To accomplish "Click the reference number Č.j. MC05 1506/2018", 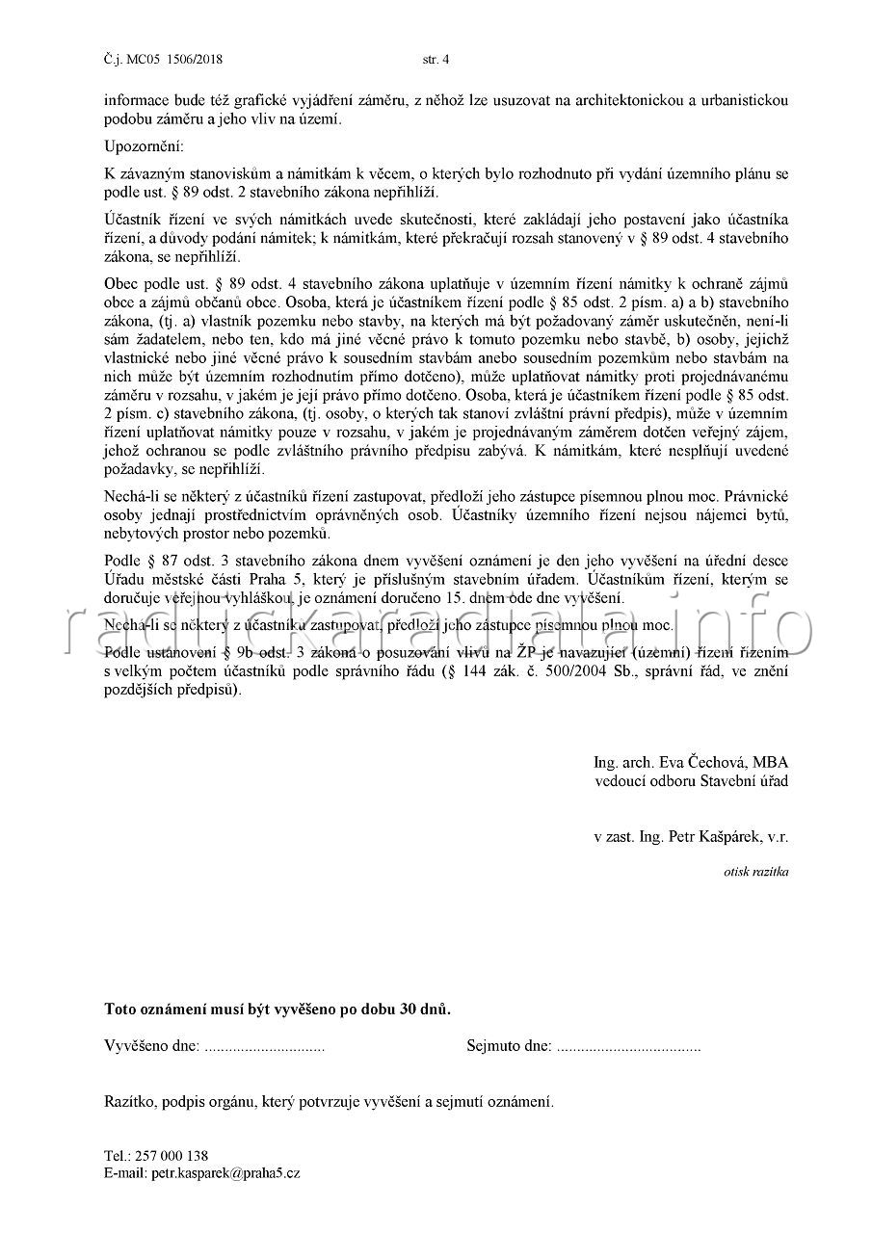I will click(163, 59).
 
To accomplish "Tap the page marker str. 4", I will click(436, 59).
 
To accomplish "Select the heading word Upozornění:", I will click(142, 146).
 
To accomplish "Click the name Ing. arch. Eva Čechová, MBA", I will click(691, 763).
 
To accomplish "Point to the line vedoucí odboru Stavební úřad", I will click(691, 780).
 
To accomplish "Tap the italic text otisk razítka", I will click(756, 872).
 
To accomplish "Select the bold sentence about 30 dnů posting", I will click(277, 1010).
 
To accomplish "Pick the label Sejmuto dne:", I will click(509, 1046).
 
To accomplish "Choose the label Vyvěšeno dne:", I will click(152, 1046).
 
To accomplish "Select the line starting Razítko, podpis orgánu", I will click(329, 1101).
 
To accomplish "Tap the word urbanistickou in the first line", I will click(736, 99).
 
